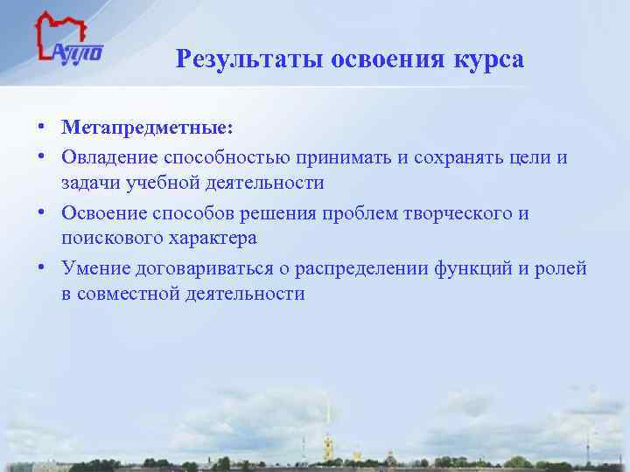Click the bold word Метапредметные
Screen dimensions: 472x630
click(x=147, y=128)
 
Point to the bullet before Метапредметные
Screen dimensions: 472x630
click(x=41, y=128)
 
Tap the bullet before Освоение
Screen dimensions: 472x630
click(x=41, y=212)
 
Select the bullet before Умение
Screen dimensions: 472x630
click(x=41, y=267)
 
